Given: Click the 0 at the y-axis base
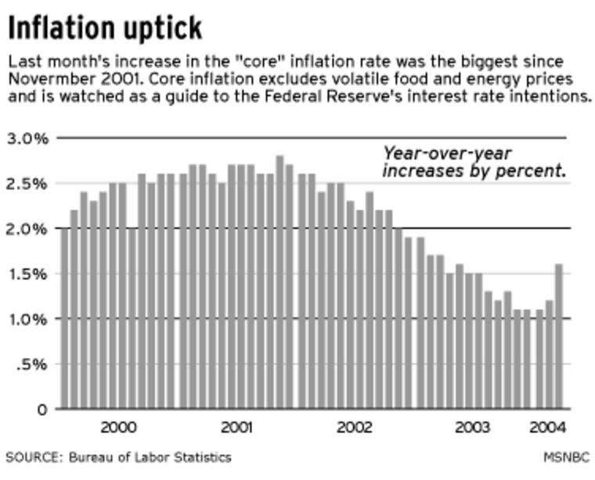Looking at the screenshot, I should pos(44,409).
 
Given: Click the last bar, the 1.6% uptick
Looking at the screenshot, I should pos(559,336).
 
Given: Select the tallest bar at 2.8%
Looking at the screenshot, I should pos(279,282).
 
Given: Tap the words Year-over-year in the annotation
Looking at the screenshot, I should pos(446,154).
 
